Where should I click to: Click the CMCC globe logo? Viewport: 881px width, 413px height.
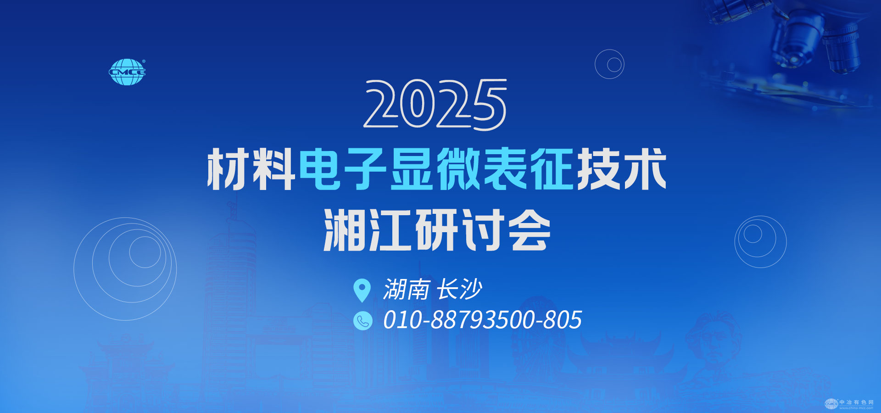127,72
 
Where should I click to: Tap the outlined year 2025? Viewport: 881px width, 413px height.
435,105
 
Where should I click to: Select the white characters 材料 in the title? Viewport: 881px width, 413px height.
251,169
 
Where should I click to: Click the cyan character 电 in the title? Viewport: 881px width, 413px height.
320,169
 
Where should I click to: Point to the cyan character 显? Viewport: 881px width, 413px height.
412,169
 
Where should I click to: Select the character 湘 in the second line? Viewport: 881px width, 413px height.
345,229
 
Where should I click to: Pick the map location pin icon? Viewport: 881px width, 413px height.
362,290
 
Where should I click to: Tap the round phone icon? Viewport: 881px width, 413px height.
362,321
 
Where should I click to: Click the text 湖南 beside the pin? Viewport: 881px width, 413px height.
407,290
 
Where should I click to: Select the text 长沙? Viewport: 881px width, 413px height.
460,290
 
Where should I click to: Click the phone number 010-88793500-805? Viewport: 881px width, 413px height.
483,320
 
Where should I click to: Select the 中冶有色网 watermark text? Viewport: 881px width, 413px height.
856,402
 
